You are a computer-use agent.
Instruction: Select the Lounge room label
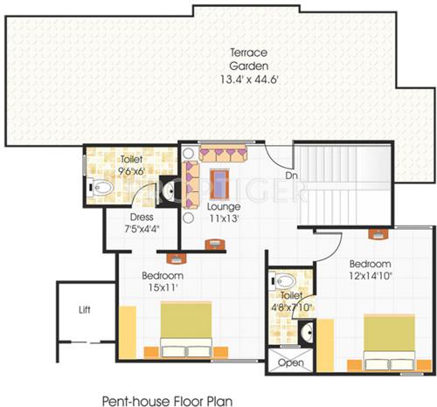point(225,207)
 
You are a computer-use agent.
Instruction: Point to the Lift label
point(84,308)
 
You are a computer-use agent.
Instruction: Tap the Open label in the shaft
point(289,362)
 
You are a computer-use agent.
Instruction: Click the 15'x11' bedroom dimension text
point(163,286)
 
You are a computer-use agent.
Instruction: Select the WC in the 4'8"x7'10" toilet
point(289,283)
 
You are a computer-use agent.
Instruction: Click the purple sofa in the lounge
point(224,155)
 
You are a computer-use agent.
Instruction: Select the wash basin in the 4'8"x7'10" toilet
point(307,333)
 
